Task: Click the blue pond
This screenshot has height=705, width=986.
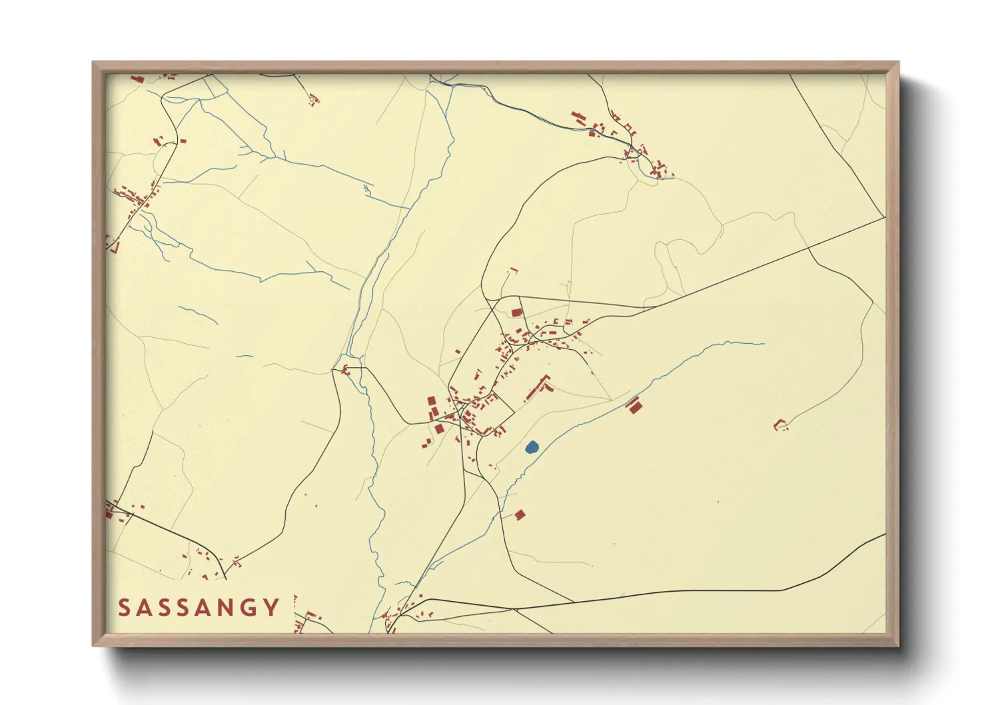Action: (x=532, y=447)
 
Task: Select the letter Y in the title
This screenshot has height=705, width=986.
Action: (x=271, y=608)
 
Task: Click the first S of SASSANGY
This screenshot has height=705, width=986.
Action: (x=124, y=608)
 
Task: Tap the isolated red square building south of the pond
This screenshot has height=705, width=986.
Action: (x=520, y=514)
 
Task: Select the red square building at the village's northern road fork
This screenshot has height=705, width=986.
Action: (x=516, y=312)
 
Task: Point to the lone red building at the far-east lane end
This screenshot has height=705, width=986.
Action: (x=779, y=423)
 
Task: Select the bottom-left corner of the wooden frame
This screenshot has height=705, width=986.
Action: (x=93, y=646)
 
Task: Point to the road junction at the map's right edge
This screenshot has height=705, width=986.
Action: (x=884, y=217)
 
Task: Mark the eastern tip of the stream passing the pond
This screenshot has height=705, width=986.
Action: (x=763, y=344)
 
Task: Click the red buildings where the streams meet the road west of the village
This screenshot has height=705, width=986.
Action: (x=345, y=369)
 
